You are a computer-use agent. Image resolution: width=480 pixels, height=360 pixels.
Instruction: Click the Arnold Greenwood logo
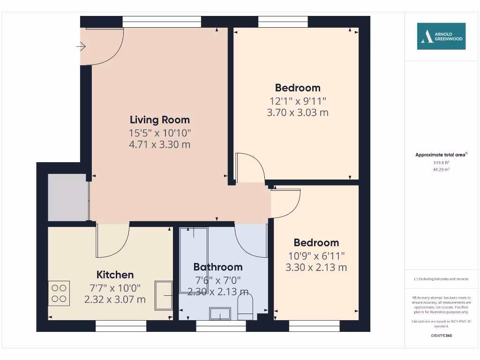[x=441, y=36]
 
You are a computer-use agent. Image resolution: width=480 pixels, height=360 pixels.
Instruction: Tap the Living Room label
[x=159, y=120]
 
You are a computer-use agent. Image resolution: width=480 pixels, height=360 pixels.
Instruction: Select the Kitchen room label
[x=115, y=275]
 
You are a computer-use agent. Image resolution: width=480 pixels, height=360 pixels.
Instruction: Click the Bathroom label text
[x=218, y=267]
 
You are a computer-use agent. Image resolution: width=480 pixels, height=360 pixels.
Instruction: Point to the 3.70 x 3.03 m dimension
[x=297, y=112]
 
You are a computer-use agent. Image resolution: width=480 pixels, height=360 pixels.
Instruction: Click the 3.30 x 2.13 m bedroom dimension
[x=316, y=268]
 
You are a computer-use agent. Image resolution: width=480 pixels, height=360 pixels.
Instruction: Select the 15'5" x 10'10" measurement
[x=159, y=133]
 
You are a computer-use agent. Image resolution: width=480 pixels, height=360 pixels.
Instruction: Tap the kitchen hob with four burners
[x=59, y=293]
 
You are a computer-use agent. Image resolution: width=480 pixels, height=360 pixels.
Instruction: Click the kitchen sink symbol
[x=164, y=295]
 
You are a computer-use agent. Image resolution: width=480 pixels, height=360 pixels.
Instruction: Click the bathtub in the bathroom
[x=194, y=260]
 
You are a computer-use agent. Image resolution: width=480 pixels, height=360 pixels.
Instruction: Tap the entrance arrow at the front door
[x=81, y=46]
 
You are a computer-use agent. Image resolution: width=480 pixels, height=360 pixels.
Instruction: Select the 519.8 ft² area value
[x=441, y=162]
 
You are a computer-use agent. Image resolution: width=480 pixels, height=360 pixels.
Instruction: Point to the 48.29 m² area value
[x=441, y=169]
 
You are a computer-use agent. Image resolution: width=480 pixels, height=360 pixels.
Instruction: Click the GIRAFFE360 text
[x=441, y=336]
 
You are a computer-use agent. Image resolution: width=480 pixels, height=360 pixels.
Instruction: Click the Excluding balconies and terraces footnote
[x=441, y=279]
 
